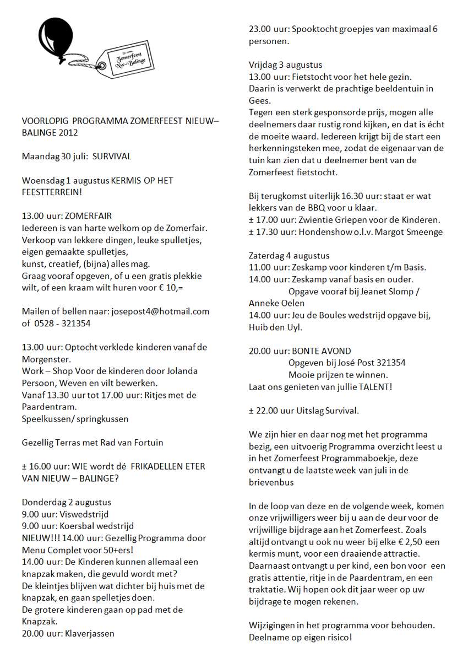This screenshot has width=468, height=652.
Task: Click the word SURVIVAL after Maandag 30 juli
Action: pos(112,157)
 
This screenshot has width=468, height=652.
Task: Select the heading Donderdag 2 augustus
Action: pos(66,502)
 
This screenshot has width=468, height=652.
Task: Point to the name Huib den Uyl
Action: pos(275,327)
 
